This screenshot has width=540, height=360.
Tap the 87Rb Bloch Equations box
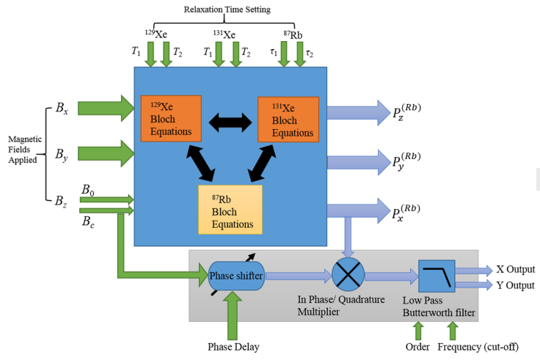click(230, 209)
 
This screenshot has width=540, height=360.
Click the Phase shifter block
click(236, 276)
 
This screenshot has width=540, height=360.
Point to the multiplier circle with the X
click(348, 276)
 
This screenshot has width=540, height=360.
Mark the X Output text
click(515, 270)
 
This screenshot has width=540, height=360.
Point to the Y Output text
click(515, 285)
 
